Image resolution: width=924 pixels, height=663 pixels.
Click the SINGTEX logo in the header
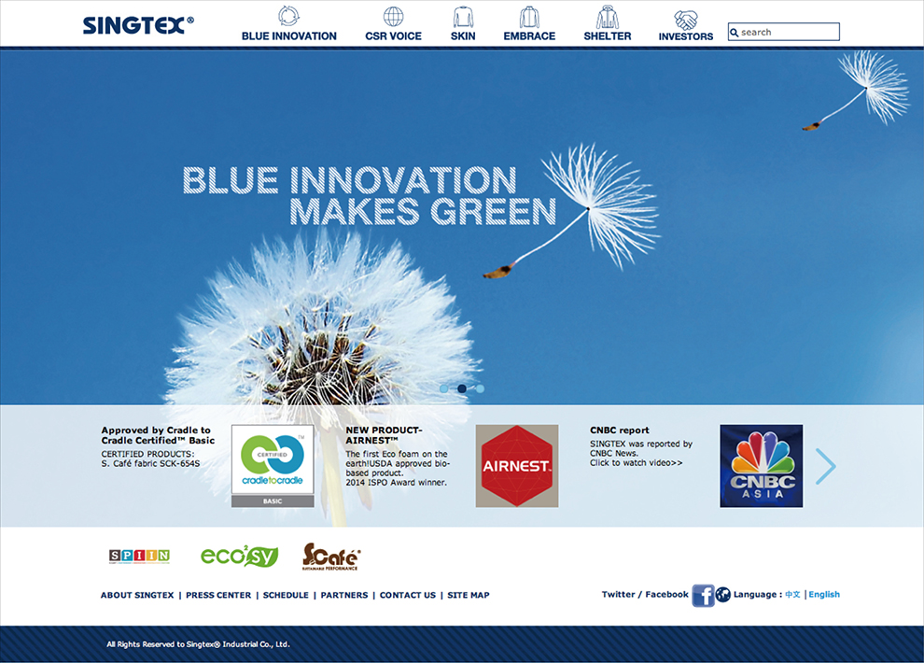pos(138,25)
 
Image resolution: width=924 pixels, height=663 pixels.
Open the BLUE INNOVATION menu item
pos(288,35)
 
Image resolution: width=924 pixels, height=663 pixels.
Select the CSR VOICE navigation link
pos(393,35)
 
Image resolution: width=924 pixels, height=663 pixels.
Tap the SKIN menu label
pos(463,35)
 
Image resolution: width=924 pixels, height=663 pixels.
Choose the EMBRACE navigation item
pos(529,35)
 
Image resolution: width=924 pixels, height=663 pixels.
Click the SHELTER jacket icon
pos(607,17)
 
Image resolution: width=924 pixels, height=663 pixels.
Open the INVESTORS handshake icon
pos(686,20)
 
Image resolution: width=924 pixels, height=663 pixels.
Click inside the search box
pos(784,32)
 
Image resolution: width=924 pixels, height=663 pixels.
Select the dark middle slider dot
pos(462,388)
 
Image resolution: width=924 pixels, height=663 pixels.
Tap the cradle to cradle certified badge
pos(273,466)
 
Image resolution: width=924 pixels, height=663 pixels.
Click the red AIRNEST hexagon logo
pos(517,466)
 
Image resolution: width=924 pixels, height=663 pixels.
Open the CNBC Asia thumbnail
pos(761,466)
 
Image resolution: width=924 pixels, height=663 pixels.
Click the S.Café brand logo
pos(330,557)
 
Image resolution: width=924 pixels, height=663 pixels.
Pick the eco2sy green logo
pos(239,556)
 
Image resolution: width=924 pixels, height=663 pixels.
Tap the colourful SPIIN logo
pos(139,556)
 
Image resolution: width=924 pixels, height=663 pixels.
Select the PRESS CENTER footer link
pos(218,595)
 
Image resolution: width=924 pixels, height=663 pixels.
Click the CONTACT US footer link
pos(408,595)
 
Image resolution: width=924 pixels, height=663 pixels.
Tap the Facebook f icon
pos(703,595)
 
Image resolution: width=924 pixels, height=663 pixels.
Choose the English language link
pos(824,594)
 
